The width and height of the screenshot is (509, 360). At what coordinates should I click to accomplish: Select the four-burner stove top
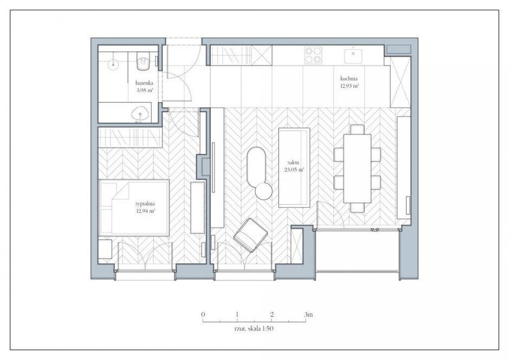click(314, 55)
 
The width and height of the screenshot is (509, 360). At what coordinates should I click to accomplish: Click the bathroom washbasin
click(140, 114)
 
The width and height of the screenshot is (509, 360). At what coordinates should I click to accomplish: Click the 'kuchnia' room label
click(349, 78)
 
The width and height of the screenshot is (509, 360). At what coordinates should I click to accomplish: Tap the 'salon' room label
click(293, 162)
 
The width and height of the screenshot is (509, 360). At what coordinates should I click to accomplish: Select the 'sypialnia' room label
click(145, 204)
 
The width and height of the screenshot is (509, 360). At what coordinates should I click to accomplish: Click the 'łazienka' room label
click(145, 83)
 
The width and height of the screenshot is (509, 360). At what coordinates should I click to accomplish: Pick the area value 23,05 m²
click(294, 169)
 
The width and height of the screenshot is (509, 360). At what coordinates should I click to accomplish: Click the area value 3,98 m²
click(145, 90)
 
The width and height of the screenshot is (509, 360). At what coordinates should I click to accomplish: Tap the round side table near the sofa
click(264, 191)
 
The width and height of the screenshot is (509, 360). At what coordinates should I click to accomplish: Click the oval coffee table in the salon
click(257, 167)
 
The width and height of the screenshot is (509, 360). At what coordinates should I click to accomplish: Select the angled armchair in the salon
click(251, 235)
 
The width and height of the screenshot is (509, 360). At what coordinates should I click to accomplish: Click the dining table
click(357, 168)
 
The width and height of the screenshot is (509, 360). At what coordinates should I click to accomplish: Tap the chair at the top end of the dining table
click(357, 129)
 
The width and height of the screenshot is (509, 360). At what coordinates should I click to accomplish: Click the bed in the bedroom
click(134, 207)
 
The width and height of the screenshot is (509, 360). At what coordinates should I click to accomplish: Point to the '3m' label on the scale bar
click(309, 314)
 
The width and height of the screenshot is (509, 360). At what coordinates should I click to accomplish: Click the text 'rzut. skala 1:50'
click(254, 329)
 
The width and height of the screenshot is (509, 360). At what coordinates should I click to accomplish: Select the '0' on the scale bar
click(203, 314)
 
